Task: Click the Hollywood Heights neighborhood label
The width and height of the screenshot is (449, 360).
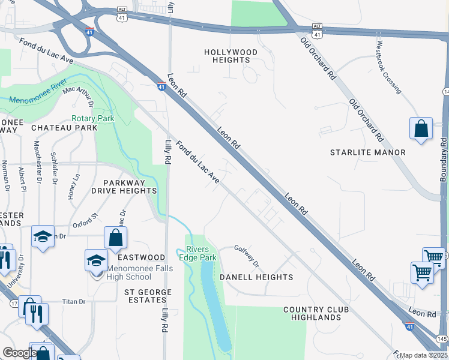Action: [231, 56]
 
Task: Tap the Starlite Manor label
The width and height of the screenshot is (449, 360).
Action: [367, 152]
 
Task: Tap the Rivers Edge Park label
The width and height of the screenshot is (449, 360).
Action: [200, 253]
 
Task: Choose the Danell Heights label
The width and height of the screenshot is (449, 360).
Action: [256, 277]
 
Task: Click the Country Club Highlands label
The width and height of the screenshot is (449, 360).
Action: [312, 313]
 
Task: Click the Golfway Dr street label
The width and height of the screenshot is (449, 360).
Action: [246, 256]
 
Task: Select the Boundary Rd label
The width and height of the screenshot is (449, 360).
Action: [444, 160]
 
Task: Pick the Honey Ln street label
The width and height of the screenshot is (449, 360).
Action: [75, 187]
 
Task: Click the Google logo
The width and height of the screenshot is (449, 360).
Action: [19, 353]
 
